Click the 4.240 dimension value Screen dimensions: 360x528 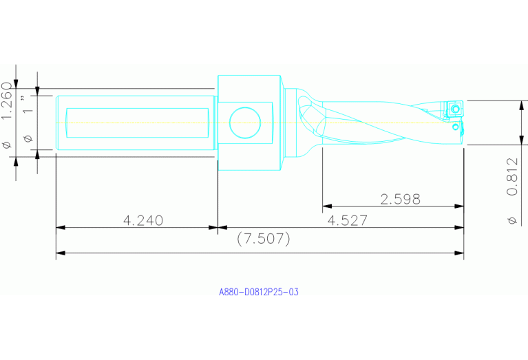pyautogui.click(x=143, y=220)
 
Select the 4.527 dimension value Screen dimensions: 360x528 pyautogui.click(x=348, y=220)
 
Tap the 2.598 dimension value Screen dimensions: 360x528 pyautogui.click(x=401, y=200)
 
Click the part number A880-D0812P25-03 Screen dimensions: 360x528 pyautogui.click(x=259, y=292)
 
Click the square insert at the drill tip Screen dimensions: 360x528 pyautogui.click(x=455, y=109)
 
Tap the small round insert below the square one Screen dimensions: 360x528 pyautogui.click(x=455, y=127)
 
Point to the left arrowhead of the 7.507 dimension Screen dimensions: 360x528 pyautogui.click(x=60, y=253)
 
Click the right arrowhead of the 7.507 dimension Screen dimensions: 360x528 pyautogui.click(x=460, y=253)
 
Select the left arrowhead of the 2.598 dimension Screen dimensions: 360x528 pyautogui.click(x=326, y=206)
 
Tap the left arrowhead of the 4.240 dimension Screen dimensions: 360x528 pyautogui.click(x=60, y=226)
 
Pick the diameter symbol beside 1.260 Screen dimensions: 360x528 pyautogui.click(x=8, y=145)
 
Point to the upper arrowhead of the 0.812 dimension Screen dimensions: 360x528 pyautogui.click(x=520, y=104)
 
